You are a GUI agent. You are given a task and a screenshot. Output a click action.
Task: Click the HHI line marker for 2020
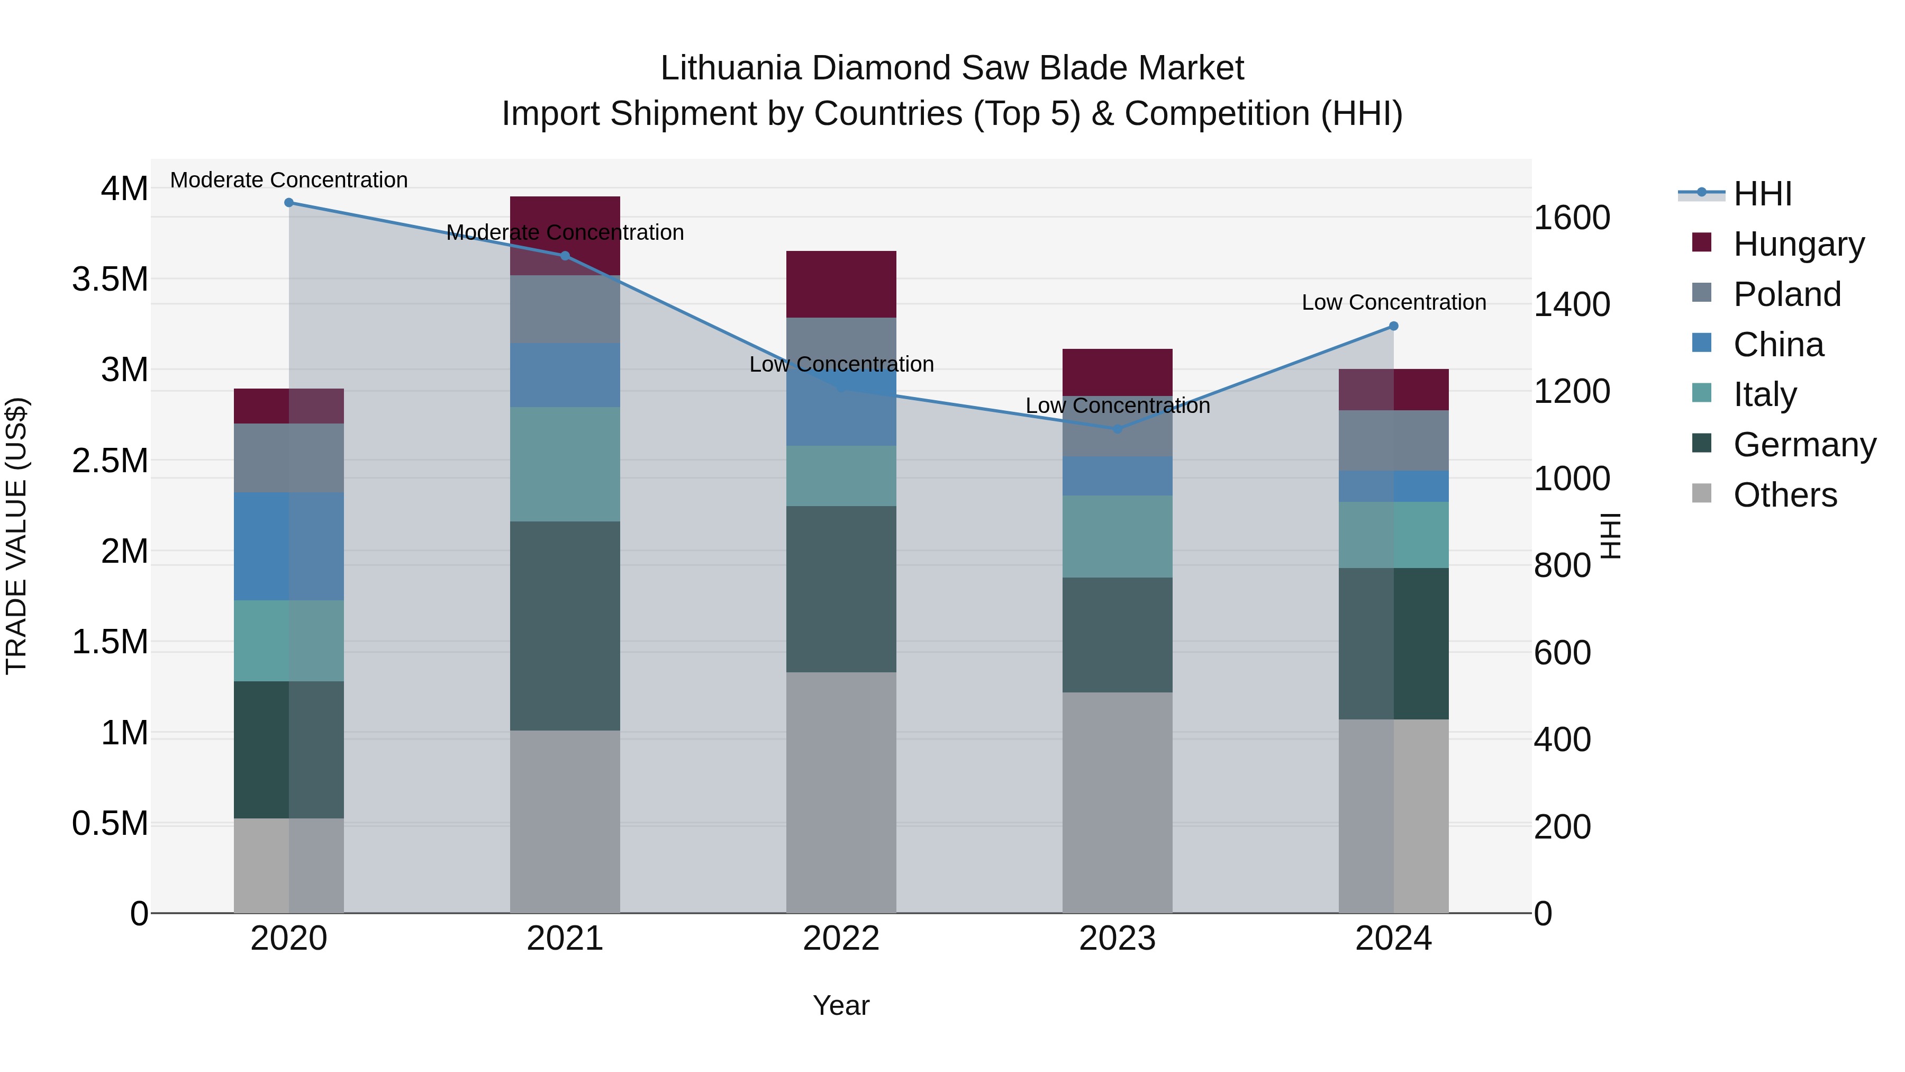289,203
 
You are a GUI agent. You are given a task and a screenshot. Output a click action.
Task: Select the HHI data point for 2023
1118,429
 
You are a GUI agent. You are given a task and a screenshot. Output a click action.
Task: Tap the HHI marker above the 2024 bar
1393,326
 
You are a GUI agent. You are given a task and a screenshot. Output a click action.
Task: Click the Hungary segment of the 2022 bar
841,284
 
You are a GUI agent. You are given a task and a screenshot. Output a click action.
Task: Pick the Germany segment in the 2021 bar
565,626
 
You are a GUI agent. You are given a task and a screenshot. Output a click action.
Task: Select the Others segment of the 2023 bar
1118,803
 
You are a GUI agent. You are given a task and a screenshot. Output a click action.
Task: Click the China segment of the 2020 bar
289,546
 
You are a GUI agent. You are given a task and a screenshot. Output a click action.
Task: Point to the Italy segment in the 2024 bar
1393,535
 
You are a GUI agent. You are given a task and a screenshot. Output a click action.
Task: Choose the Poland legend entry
1786,294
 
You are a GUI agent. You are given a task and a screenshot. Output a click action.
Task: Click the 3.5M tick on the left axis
110,280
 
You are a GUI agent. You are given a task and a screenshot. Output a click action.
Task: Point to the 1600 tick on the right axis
1572,218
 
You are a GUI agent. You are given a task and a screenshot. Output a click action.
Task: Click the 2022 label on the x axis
841,939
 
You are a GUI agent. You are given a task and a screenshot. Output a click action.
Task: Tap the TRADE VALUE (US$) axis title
16,536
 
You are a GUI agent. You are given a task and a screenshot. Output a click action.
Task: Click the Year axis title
841,1005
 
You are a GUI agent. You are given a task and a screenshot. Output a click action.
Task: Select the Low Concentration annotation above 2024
1393,303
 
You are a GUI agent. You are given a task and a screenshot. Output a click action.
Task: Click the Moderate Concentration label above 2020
289,180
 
